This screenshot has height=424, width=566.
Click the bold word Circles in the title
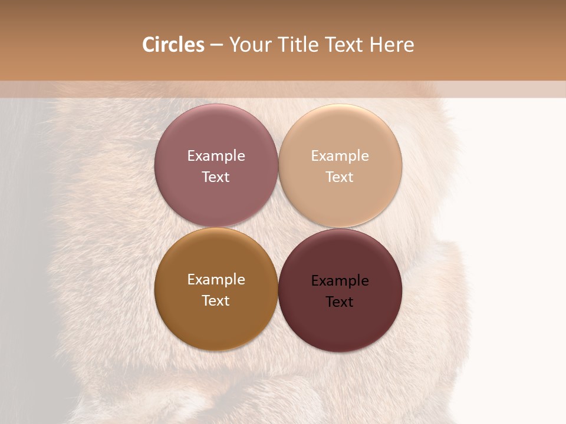click(173, 45)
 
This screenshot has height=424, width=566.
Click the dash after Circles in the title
click(216, 45)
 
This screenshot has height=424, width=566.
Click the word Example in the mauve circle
click(216, 155)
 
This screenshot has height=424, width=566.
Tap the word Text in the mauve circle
click(216, 177)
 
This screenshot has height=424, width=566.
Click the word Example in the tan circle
click(340, 155)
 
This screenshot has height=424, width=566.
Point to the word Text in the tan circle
click(340, 177)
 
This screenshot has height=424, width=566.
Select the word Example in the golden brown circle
click(216, 279)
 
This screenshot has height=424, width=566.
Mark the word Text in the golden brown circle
click(216, 300)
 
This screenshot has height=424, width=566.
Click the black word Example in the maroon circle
click(340, 280)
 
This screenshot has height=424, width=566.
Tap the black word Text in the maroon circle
click(340, 302)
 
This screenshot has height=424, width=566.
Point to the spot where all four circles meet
click(278, 227)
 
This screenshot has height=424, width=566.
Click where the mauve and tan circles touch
click(278, 165)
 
